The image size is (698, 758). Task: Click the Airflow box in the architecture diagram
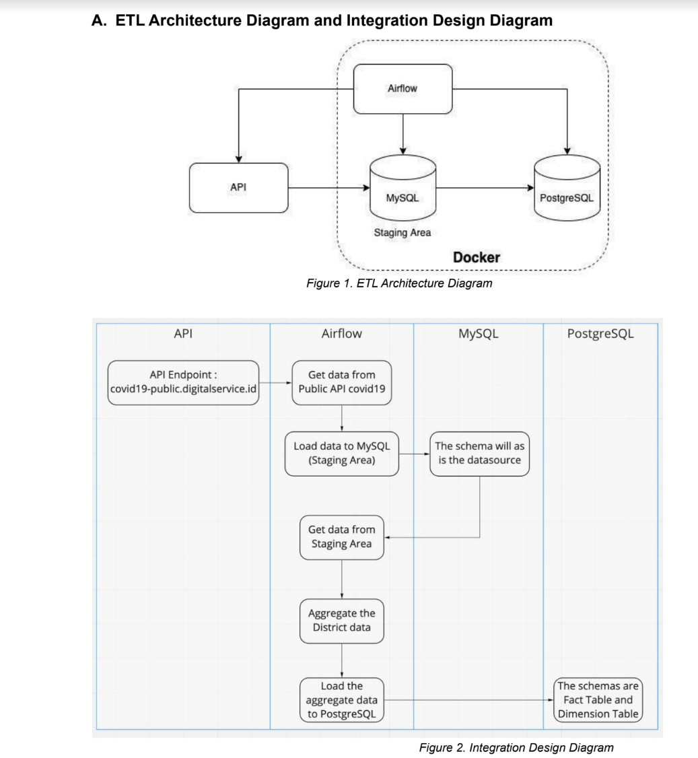403,88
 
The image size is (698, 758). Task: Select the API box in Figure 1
238,188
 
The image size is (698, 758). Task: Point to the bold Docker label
476,258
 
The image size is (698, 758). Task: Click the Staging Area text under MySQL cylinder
402,233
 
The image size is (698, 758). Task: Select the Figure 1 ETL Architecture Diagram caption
398,283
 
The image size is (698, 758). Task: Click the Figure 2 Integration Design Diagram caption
516,747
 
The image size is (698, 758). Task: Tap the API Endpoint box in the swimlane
184,382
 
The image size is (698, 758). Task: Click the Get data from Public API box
341,382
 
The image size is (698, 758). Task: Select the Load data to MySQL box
341,454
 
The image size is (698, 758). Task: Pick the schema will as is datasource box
479,454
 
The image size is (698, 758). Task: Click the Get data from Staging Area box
341,537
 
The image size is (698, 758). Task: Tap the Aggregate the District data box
341,620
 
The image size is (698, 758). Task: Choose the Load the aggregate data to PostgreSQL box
341,700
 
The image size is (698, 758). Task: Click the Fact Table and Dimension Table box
598,700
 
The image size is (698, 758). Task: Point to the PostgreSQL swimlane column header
600,333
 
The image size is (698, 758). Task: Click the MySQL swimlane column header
478,333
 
